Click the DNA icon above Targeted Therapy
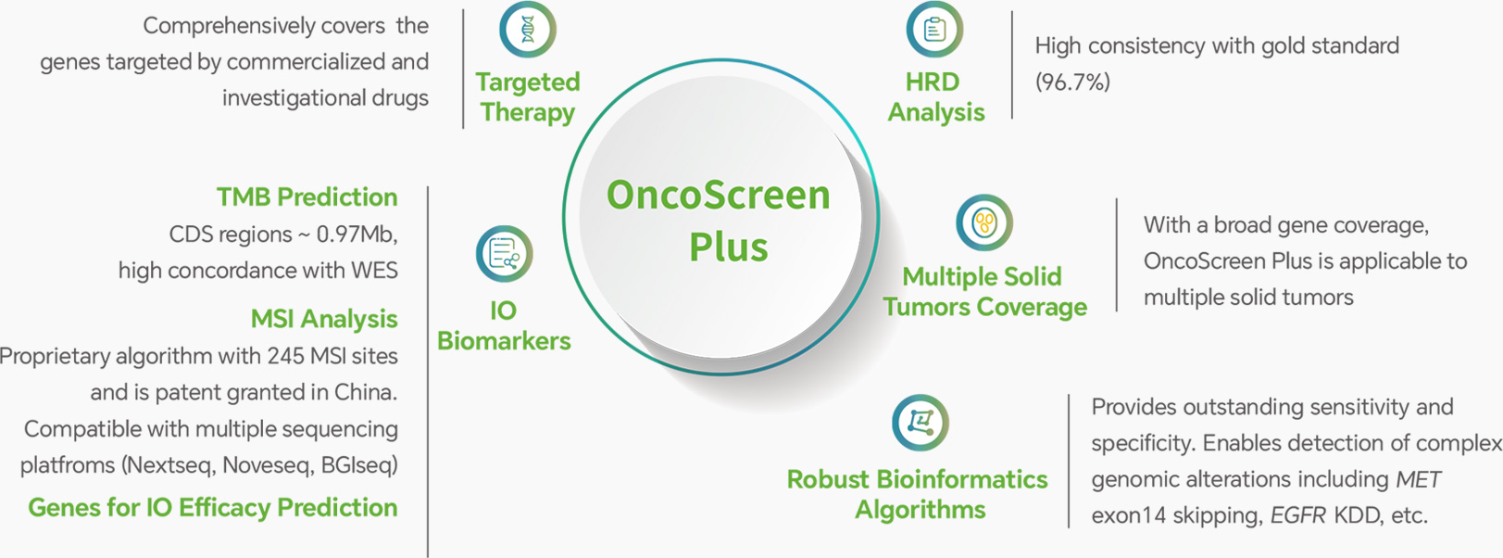click(528, 30)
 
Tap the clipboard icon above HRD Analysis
click(934, 30)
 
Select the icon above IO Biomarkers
click(505, 254)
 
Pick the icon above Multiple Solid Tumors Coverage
click(984, 222)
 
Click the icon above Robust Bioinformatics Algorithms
click(921, 423)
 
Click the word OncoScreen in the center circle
click(719, 195)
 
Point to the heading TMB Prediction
click(307, 197)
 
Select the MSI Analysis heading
click(324, 319)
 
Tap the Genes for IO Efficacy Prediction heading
click(213, 508)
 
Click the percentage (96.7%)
click(1072, 82)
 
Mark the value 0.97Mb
click(357, 235)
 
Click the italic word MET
click(1418, 479)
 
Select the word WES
click(374, 271)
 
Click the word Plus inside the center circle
click(729, 247)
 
